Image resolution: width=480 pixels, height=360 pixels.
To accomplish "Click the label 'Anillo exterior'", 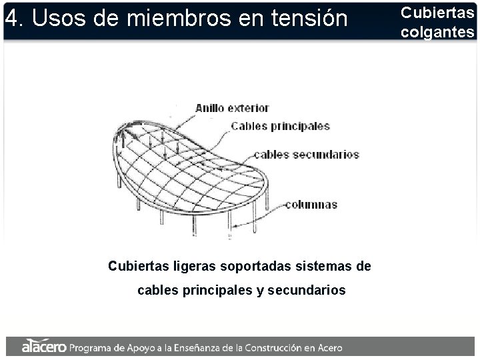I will pyautogui.click(x=232, y=107).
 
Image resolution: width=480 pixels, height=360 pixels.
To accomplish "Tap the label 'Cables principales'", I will pyautogui.click(x=280, y=126).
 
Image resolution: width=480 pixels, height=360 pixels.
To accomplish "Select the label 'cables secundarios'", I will pyautogui.click(x=306, y=155).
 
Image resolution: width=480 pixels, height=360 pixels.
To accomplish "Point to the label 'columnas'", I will pyautogui.click(x=311, y=205).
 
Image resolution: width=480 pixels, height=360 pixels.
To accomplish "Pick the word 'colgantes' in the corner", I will pyautogui.click(x=438, y=32).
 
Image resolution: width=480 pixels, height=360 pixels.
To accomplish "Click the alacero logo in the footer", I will pyautogui.click(x=44, y=347).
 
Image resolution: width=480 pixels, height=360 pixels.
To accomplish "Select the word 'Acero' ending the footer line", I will pyautogui.click(x=329, y=347).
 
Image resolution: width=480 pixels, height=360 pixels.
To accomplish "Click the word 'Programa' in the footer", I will pyautogui.click(x=91, y=347).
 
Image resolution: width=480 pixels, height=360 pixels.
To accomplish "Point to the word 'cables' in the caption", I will pyautogui.click(x=157, y=291).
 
